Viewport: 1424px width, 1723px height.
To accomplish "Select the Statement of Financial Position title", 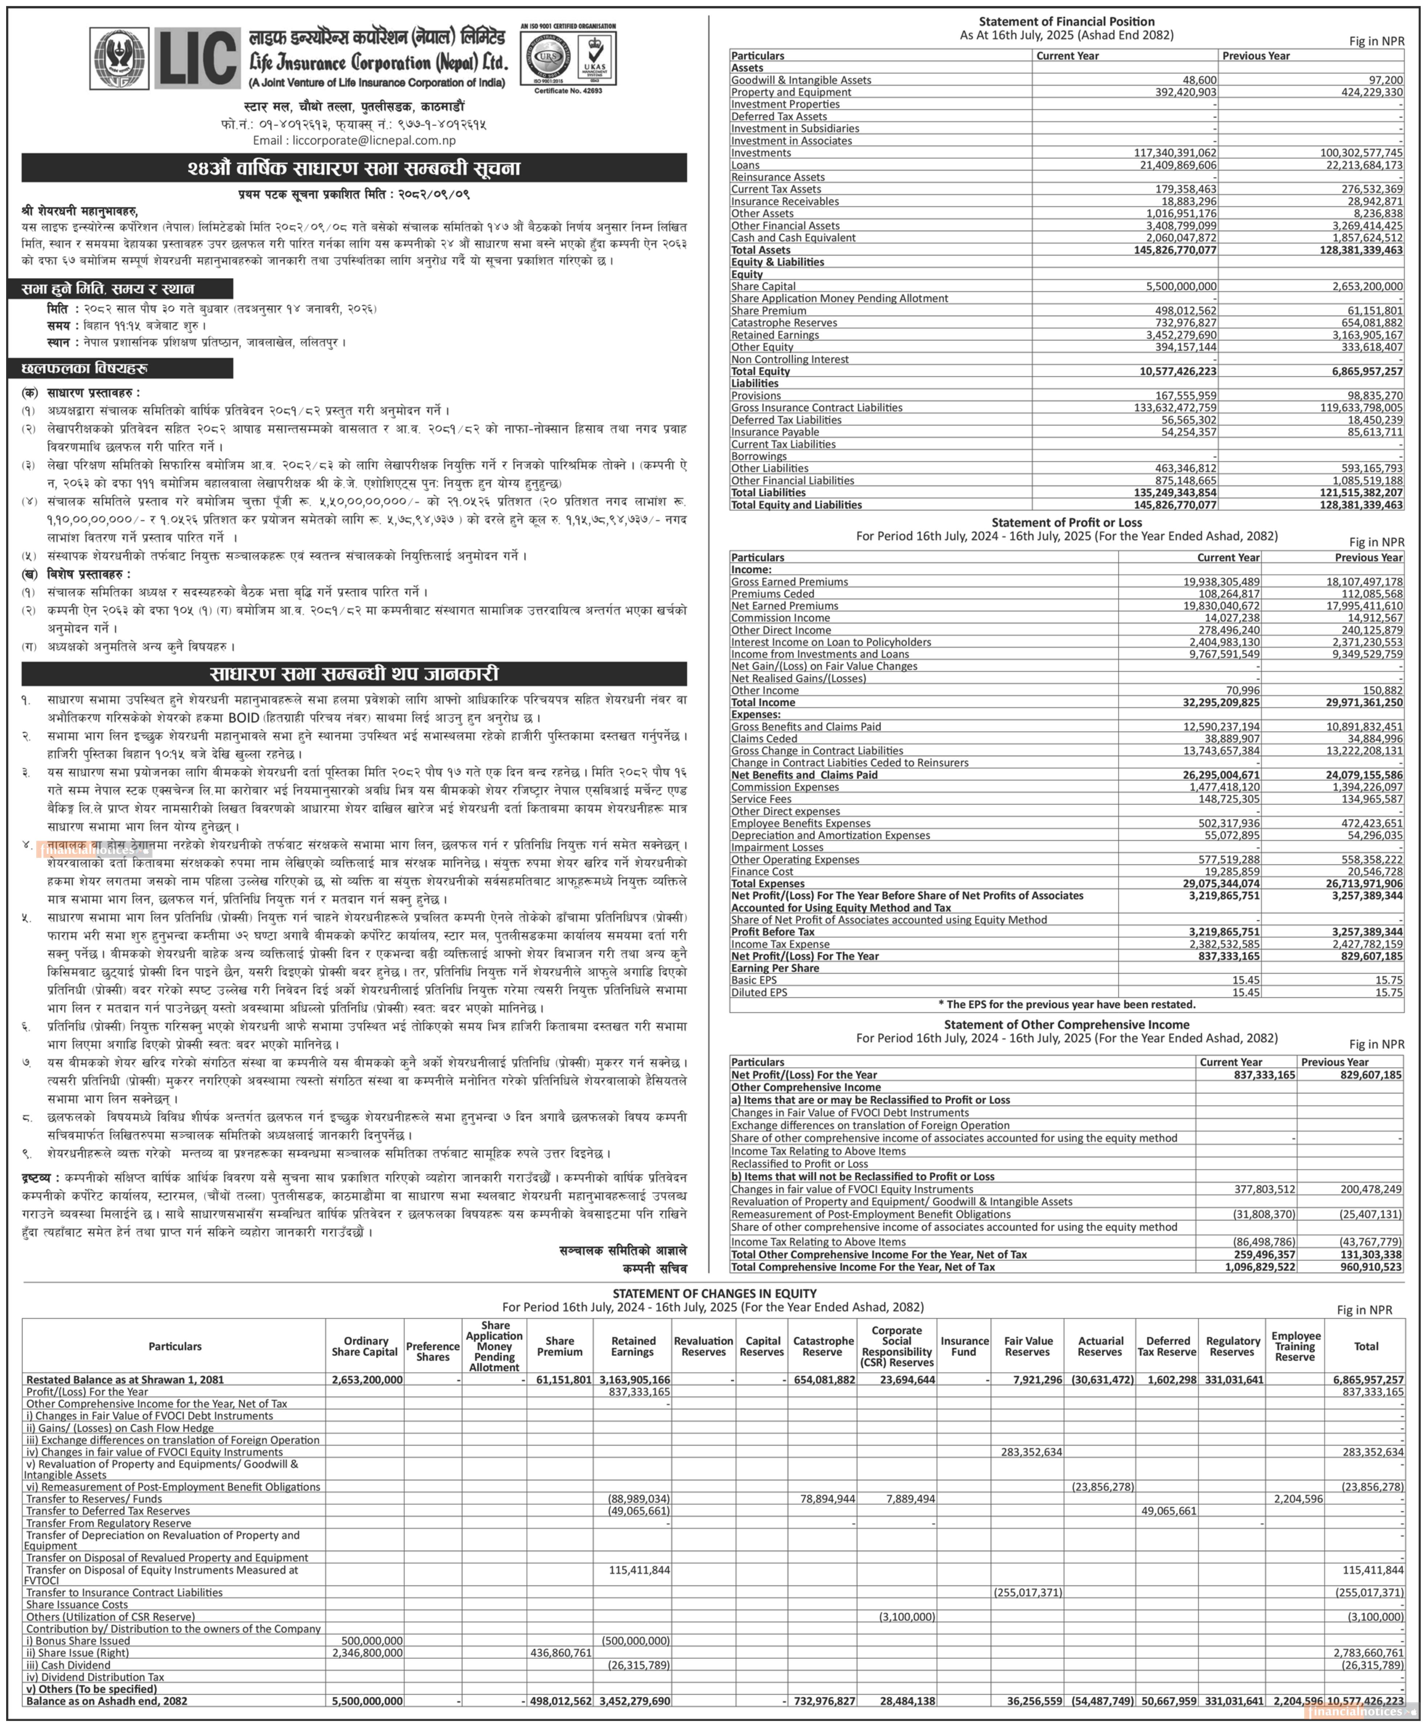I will [x=1066, y=21].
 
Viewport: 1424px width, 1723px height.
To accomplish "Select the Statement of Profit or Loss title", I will [x=1066, y=523].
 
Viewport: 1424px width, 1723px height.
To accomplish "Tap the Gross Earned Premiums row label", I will [x=789, y=582].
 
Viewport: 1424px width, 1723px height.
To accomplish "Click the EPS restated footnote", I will [x=1066, y=1004].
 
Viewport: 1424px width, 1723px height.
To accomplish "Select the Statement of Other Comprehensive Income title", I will [x=1066, y=1025].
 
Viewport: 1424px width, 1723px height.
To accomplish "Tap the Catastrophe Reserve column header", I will [x=823, y=1347].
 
